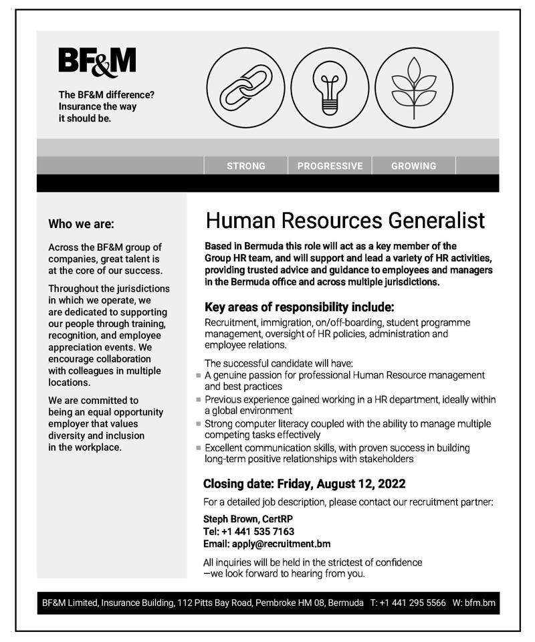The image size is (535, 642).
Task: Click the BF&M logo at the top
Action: point(97,61)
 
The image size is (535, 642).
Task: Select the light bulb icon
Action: point(329,88)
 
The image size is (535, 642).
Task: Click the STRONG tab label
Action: point(246,166)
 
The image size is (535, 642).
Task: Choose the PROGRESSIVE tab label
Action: point(330,166)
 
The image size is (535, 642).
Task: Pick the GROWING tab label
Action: point(413,166)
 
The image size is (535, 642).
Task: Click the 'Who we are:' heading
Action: point(81,224)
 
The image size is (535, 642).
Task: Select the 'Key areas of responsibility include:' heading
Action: point(299,308)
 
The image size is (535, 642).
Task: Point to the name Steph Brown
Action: point(225,519)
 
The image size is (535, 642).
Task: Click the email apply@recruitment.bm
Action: point(281,544)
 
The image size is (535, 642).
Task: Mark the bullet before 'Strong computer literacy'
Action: point(199,424)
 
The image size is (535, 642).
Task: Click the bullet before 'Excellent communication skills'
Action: point(199,448)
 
